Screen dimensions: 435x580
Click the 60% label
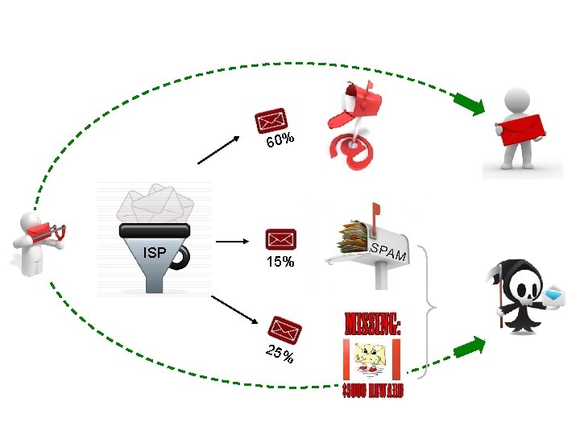(x=280, y=141)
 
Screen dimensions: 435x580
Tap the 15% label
(x=281, y=263)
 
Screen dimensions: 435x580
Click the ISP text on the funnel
(x=154, y=253)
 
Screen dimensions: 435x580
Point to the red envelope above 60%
(x=271, y=121)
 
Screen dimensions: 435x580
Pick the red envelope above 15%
(x=281, y=239)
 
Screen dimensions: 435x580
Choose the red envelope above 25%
(x=286, y=328)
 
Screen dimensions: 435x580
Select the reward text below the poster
(x=372, y=391)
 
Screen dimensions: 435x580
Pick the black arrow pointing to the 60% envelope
(x=220, y=149)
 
